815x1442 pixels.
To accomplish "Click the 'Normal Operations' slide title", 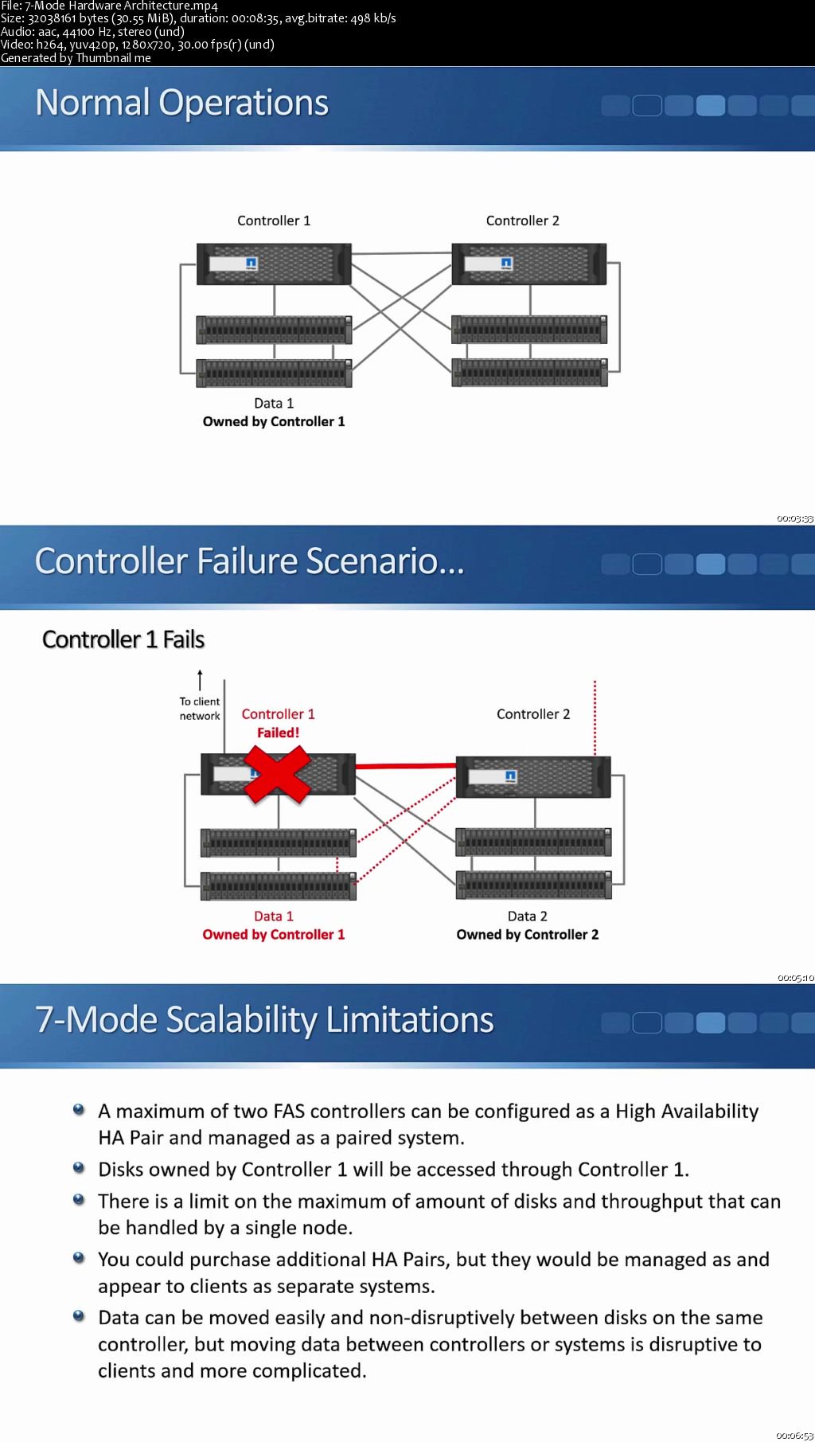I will pyautogui.click(x=181, y=103).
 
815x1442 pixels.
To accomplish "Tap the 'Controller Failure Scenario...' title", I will pyautogui.click(x=249, y=561).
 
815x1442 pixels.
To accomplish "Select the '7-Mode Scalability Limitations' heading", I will pyautogui.click(x=264, y=1020).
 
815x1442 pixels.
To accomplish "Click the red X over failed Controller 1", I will pyautogui.click(x=277, y=774).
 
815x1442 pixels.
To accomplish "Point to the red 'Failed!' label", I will pyautogui.click(x=278, y=733).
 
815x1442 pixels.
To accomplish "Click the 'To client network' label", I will pyautogui.click(x=200, y=709).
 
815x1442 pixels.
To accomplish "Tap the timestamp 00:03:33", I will pyautogui.click(x=794, y=519).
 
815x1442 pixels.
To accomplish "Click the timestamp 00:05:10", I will pyautogui.click(x=795, y=978).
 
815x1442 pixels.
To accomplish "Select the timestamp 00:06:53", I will pyautogui.click(x=794, y=1436).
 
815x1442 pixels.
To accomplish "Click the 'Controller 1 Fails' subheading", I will pyautogui.click(x=123, y=639).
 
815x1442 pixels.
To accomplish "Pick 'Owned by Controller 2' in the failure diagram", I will pyautogui.click(x=527, y=935).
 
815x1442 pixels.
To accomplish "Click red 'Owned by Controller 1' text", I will pyautogui.click(x=274, y=935).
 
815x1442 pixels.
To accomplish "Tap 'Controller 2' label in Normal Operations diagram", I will pyautogui.click(x=522, y=221).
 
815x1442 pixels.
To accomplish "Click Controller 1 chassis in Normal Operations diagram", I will pyautogui.click(x=274, y=264).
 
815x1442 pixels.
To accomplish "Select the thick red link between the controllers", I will pyautogui.click(x=405, y=766).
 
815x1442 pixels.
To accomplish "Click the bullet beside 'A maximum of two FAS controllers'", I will pyautogui.click(x=79, y=1109).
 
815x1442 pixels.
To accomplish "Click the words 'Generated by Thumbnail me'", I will pyautogui.click(x=76, y=58).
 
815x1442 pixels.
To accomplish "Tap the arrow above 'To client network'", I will pyautogui.click(x=200, y=679).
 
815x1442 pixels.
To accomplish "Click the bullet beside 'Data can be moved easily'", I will pyautogui.click(x=79, y=1315).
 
